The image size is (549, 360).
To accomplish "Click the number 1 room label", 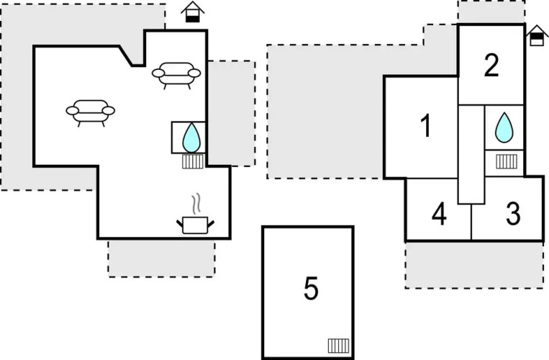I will (x=425, y=127).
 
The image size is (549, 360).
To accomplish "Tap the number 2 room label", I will (x=491, y=66).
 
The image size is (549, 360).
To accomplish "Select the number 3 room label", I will (x=513, y=214).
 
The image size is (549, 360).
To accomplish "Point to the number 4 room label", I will (x=439, y=214).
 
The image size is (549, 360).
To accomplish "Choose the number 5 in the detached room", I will (x=310, y=289).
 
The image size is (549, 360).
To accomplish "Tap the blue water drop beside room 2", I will (x=505, y=127).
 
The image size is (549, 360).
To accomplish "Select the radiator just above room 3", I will (x=507, y=161).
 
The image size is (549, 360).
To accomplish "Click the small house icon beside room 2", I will (x=536, y=35).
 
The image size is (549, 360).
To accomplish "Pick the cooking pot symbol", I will (x=195, y=225).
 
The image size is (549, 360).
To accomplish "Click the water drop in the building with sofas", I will (x=191, y=137).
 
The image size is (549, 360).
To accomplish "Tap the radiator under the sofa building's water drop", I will (x=193, y=161).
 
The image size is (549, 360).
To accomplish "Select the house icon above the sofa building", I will (x=191, y=12).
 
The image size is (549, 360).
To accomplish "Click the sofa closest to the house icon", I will (x=176, y=73).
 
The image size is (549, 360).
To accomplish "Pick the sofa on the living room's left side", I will (x=90, y=111).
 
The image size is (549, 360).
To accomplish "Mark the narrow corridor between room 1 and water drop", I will (x=471, y=154).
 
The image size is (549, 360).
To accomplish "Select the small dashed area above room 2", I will (x=491, y=12).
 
